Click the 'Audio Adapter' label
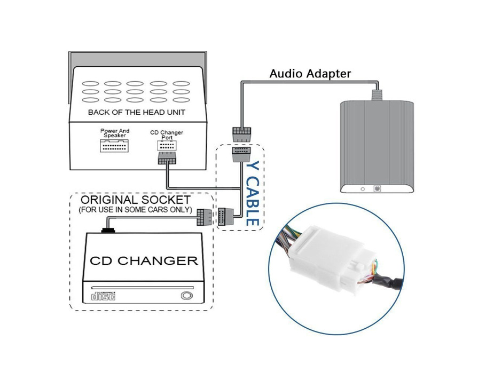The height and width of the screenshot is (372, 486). [310, 74]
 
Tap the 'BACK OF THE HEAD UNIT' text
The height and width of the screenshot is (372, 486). [136, 112]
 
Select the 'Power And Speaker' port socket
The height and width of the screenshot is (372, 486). [114, 146]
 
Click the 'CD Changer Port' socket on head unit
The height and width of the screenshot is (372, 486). [167, 146]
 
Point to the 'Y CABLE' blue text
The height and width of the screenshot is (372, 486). [252, 194]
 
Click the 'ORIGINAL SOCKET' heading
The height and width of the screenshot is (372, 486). [136, 200]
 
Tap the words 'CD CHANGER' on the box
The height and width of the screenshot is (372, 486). [144, 261]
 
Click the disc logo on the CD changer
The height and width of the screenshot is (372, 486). [104, 296]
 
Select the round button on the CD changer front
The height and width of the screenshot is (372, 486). [186, 296]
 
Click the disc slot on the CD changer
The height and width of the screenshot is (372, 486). [143, 288]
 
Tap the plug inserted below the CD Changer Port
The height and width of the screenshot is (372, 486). [167, 158]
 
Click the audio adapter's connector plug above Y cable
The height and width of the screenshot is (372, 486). [241, 134]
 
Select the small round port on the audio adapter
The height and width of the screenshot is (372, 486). [363, 189]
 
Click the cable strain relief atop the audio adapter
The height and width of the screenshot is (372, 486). [377, 95]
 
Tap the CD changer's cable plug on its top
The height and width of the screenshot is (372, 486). [108, 230]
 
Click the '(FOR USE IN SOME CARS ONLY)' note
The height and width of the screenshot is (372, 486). [136, 210]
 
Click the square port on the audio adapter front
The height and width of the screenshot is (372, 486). [377, 188]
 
